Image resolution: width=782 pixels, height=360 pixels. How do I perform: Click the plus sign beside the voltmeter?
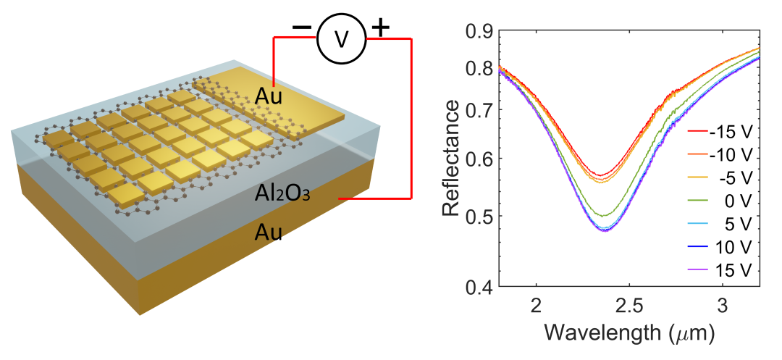[380, 28]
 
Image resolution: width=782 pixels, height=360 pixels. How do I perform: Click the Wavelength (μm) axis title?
[629, 333]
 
